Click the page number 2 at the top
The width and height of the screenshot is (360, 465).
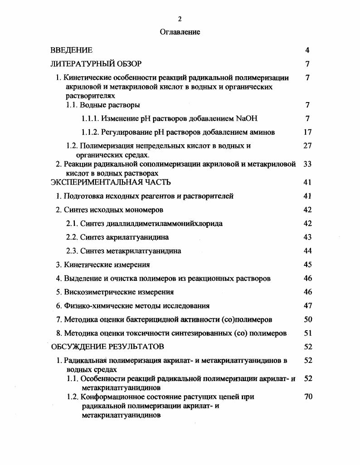[180, 19]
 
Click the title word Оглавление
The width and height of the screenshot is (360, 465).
[180, 32]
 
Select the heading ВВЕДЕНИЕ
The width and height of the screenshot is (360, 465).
[71, 50]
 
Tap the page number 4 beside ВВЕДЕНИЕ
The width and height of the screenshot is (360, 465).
[307, 50]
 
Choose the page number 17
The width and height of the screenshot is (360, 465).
[307, 132]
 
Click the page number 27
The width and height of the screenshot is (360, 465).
[307, 146]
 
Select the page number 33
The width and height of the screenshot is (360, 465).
[307, 164]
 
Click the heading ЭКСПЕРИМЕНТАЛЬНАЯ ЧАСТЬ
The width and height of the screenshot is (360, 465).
[111, 182]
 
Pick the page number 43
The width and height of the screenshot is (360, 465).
[307, 237]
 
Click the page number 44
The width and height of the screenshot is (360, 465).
[307, 251]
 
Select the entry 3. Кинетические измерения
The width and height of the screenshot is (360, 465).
[103, 264]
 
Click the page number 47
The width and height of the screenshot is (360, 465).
[307, 306]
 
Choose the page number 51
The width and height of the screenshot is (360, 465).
[307, 333]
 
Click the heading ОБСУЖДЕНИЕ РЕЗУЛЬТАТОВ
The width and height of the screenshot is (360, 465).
[107, 347]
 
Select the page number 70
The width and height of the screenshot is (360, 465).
[307, 397]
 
